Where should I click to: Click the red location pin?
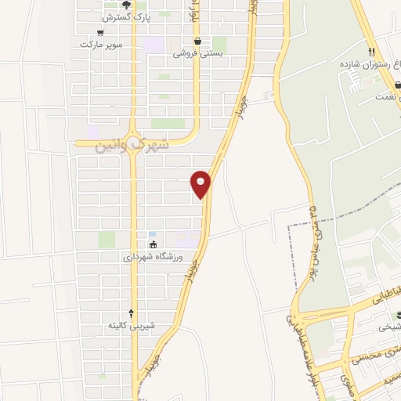point(201,183)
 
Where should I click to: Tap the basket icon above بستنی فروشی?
point(197,42)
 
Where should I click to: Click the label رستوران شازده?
point(368,62)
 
